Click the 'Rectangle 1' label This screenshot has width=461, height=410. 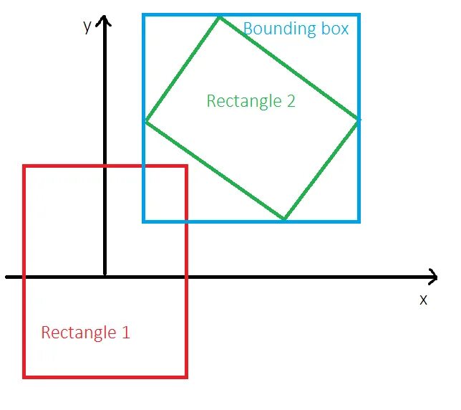point(85,333)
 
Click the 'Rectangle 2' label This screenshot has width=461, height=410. point(251,101)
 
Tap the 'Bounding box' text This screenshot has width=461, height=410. point(296,29)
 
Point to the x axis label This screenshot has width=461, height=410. point(423,300)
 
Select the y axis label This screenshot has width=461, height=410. point(87,27)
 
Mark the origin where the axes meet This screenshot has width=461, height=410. point(105,276)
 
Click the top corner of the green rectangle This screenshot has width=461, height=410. point(219,17)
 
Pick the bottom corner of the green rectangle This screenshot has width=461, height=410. point(285,219)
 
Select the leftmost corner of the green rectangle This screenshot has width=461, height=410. point(146,122)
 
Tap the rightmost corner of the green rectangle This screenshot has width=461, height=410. point(357,120)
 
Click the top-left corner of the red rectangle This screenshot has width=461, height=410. point(24,166)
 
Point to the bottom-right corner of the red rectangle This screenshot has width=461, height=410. point(186,376)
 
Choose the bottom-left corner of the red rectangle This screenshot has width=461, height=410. point(24,376)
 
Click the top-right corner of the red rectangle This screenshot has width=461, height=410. point(186,166)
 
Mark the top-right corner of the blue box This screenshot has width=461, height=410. point(359,15)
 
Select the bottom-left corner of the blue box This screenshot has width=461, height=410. point(144,221)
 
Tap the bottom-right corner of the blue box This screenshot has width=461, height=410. point(359,221)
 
